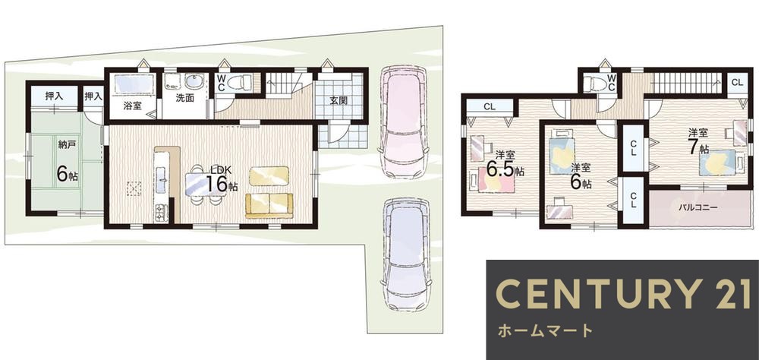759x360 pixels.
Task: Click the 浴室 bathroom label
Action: [x=132, y=106]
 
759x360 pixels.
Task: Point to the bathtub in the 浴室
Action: [x=134, y=84]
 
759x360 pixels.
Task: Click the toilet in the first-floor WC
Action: [x=241, y=81]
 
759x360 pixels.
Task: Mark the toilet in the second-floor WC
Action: [x=600, y=84]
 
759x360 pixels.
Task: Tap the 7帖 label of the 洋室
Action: [x=698, y=146]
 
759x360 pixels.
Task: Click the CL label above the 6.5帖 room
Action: [x=490, y=107]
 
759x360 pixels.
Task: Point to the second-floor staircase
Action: [x=685, y=82]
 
